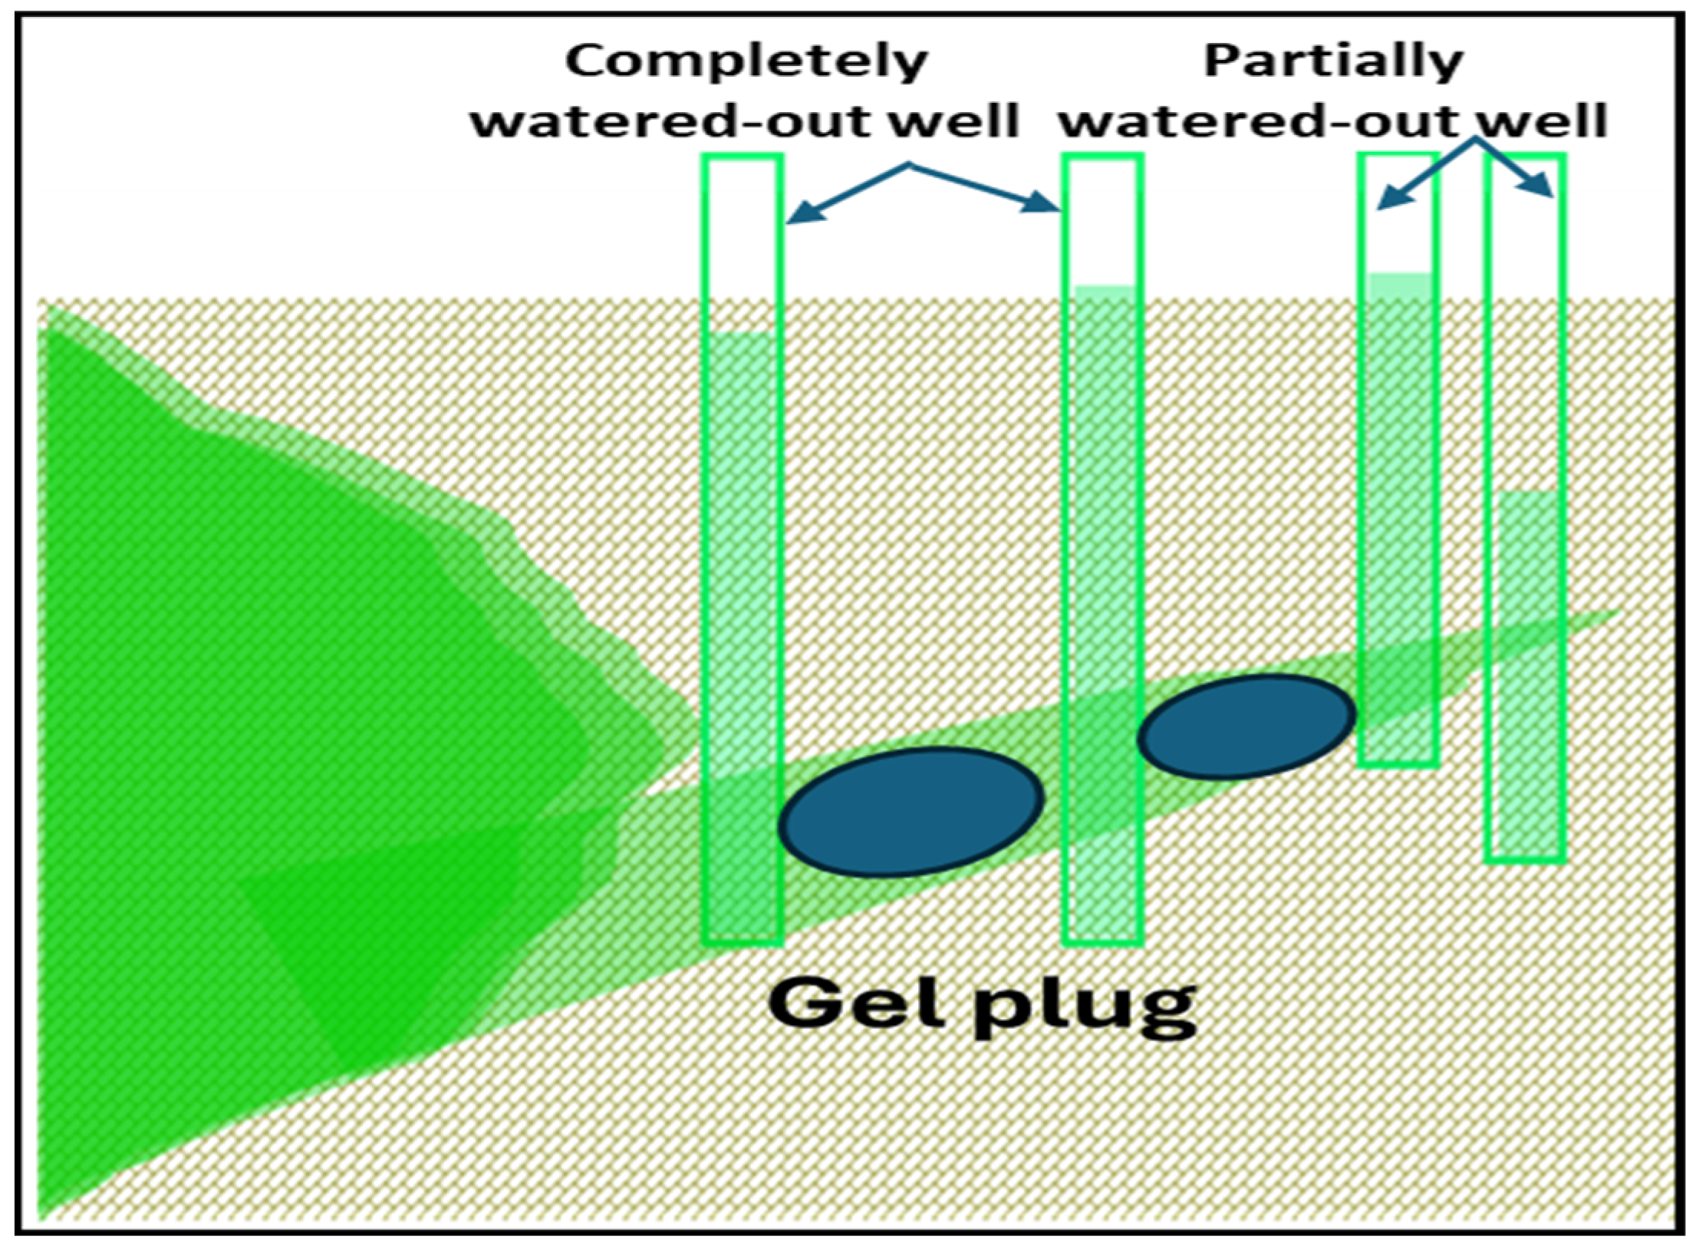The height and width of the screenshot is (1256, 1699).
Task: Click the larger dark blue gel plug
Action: click(x=911, y=812)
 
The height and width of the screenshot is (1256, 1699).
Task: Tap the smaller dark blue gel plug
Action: click(x=1246, y=726)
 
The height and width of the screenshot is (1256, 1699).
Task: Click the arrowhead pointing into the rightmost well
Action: click(x=1540, y=188)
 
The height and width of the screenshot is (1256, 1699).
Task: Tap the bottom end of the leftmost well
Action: click(x=742, y=941)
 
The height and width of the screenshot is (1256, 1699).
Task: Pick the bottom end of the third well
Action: click(x=1398, y=763)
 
